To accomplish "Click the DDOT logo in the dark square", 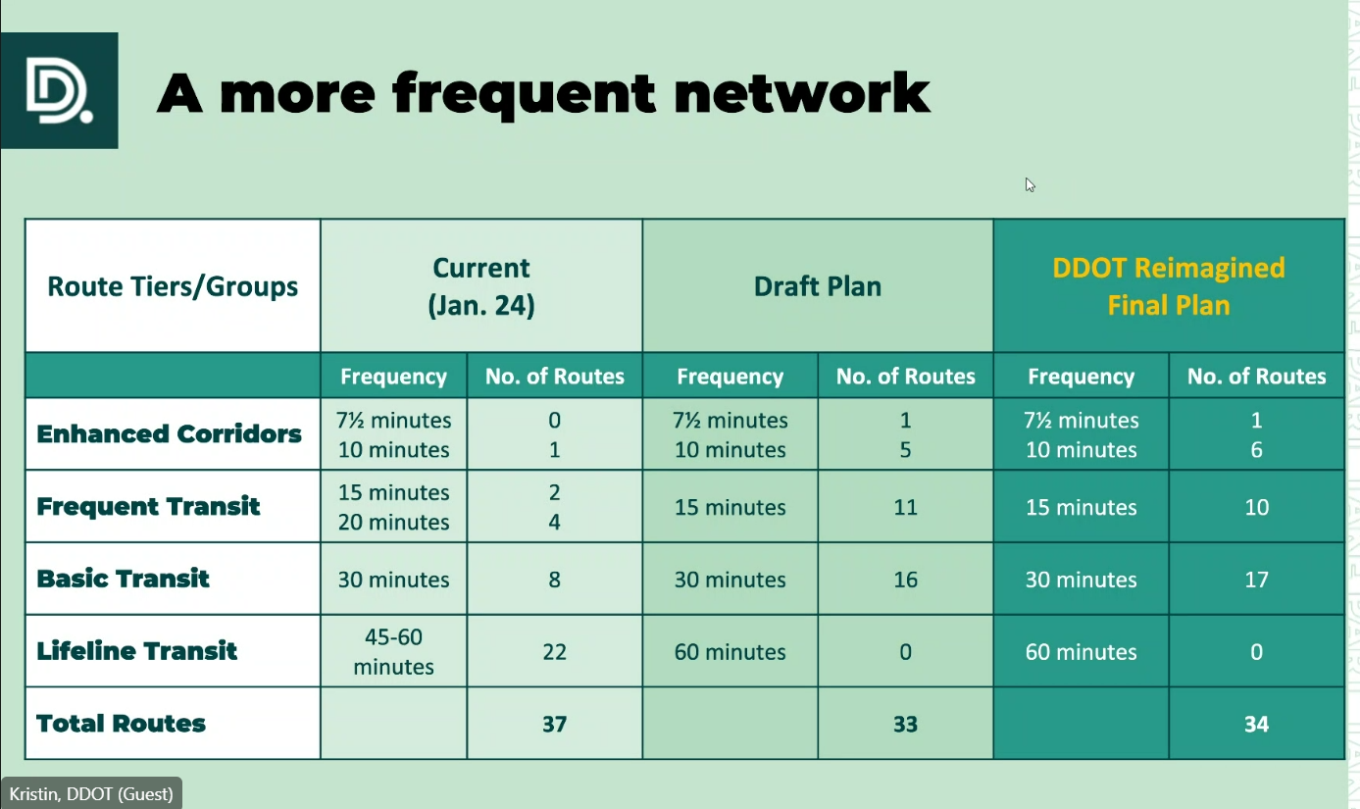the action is (59, 90).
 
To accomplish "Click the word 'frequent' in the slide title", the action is (524, 94).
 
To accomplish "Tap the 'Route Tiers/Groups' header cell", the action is (173, 286).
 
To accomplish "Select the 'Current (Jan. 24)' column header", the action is (480, 286).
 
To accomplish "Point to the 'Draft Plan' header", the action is (817, 286).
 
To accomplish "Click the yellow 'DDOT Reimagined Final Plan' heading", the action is (1169, 286).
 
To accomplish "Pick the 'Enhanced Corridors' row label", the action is (169, 433).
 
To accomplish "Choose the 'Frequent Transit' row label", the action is (148, 506).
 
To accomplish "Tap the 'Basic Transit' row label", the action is (123, 579).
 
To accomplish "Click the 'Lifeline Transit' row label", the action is (136, 650).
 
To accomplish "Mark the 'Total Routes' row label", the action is (121, 723).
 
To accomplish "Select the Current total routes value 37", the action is (554, 724).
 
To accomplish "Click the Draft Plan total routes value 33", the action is (905, 724).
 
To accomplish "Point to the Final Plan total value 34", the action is (1256, 724).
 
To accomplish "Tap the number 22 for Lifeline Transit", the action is (554, 652).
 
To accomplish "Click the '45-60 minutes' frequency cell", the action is (393, 652).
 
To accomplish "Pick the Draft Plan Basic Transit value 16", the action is (905, 580).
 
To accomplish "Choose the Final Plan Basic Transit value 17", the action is (1256, 580).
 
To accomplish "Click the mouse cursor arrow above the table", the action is (1030, 185).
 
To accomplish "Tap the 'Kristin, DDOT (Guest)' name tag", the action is (91, 794).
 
